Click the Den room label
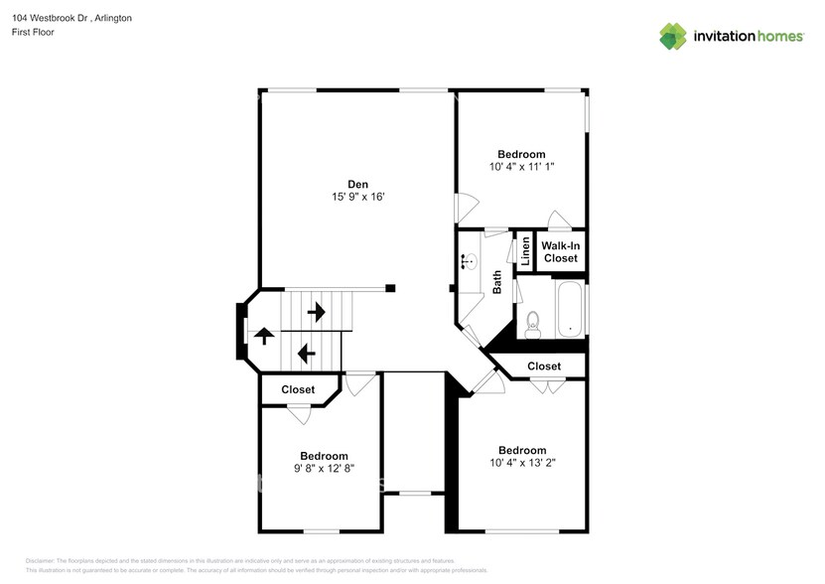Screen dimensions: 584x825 pos(357,183)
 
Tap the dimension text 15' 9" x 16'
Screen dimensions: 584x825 pos(357,197)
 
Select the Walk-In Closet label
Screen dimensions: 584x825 pos(560,251)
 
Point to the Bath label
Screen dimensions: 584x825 pos(497,283)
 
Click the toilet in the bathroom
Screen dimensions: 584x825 pos(533,321)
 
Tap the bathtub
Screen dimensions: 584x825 pos(570,309)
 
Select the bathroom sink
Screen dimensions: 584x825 pos(469,262)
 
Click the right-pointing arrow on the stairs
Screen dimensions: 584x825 pos(317,313)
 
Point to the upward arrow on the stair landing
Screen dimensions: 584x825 pos(265,336)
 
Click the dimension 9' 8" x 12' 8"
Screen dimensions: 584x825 pos(324,468)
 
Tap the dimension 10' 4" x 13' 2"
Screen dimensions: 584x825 pos(522,463)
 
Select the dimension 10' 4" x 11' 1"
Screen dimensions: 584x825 pos(521,167)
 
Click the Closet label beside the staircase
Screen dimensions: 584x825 pos(298,389)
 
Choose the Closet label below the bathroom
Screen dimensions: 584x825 pos(544,365)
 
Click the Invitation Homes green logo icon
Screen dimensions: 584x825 pos(673,36)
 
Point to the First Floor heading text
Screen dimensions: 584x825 pos(34,32)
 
